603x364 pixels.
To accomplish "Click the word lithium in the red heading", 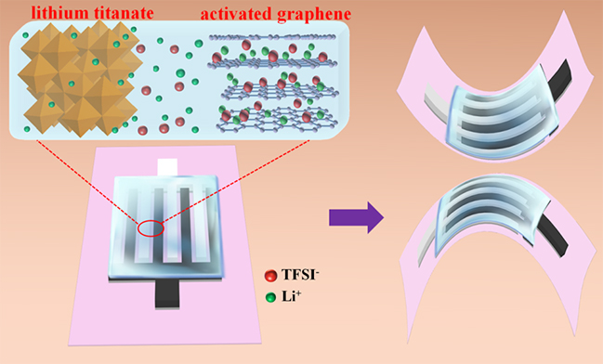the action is pos(59,13).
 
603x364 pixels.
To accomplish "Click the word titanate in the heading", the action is pos(124,13).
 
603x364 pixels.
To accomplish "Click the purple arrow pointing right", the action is pos(357,217).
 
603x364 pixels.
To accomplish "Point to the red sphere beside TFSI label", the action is pos(270,275).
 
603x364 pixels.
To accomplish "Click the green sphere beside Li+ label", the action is pos(270,297).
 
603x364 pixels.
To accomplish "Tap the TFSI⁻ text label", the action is pos(300,275).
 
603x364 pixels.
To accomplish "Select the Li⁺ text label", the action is pos(292,296).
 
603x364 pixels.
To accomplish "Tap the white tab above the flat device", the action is pos(167,167).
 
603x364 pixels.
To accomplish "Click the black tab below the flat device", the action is pos(167,294).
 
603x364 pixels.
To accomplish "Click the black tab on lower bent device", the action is pos(552,239).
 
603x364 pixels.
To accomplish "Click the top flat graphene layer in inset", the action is pos(272,37).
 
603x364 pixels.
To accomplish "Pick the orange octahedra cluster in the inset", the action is pos(79,79).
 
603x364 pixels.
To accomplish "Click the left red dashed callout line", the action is pos(87,181).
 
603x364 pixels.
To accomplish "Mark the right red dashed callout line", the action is pos(236,181).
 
